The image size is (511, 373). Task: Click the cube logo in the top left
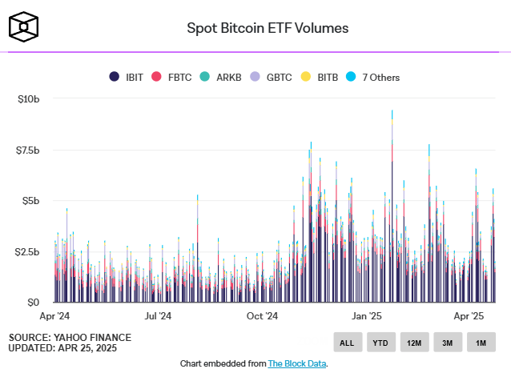click(x=24, y=27)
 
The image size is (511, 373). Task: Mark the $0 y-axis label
click(x=33, y=302)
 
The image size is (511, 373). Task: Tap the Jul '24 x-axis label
click(x=158, y=316)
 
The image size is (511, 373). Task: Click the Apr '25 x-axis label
click(x=470, y=316)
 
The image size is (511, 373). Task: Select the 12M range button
click(x=414, y=343)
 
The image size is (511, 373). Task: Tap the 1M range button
click(x=481, y=343)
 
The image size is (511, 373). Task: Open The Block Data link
click(x=296, y=363)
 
